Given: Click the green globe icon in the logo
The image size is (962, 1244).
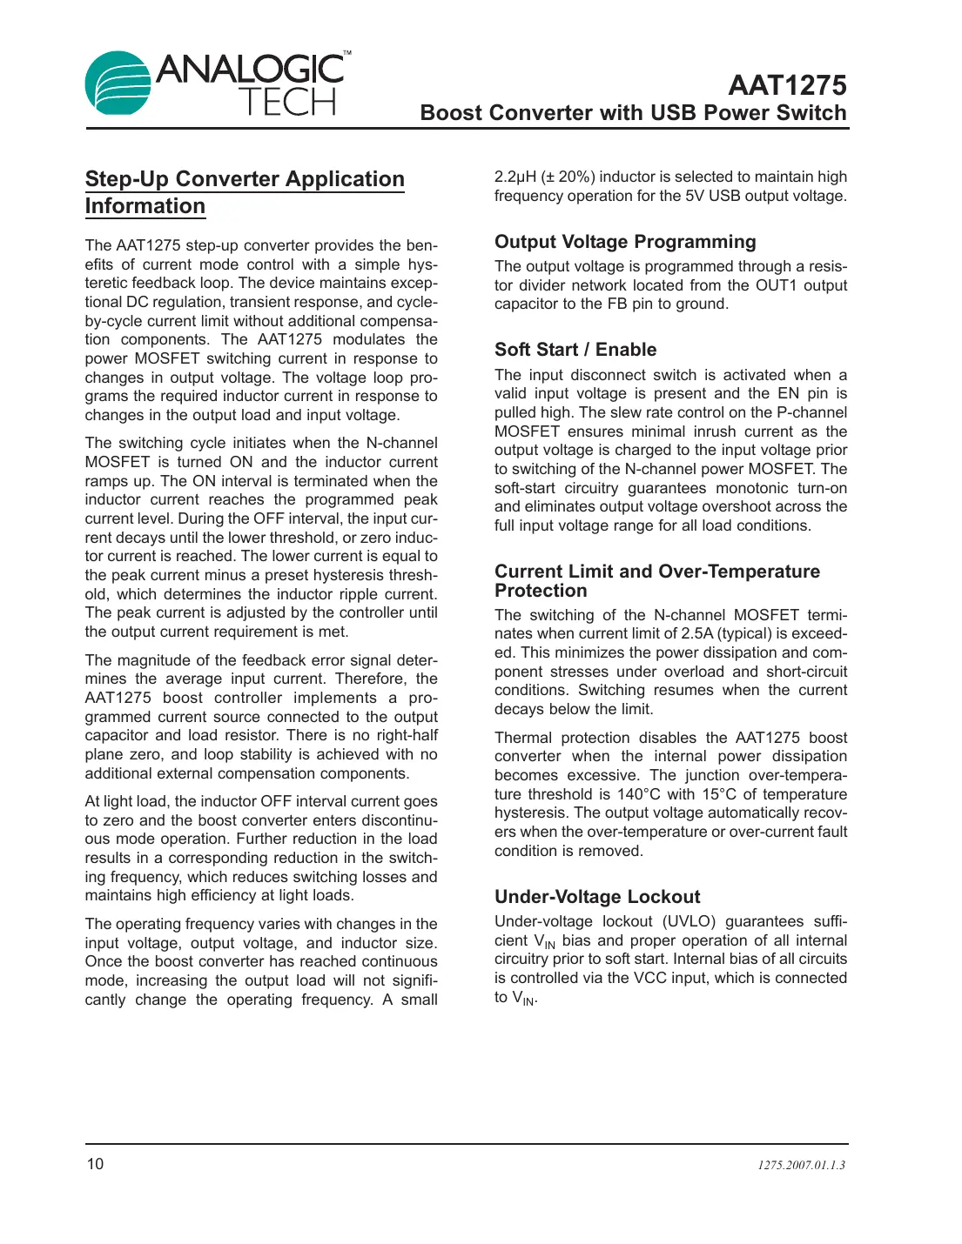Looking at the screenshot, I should (x=118, y=84).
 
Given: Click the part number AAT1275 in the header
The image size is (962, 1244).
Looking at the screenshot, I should (x=787, y=85).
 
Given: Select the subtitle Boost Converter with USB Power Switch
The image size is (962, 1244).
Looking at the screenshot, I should (x=633, y=113).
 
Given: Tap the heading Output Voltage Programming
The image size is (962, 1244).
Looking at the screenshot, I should (x=625, y=242).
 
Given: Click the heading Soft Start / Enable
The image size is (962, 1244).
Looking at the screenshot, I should (x=575, y=350).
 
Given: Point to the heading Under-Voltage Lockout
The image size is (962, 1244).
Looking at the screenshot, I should (x=597, y=897).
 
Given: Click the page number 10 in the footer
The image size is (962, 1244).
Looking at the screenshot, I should (x=95, y=1164).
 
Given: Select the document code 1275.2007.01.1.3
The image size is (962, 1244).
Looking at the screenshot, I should (x=801, y=1165).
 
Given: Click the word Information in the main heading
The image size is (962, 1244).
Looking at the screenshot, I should (x=145, y=206).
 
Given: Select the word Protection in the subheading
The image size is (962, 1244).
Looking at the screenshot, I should (x=541, y=591).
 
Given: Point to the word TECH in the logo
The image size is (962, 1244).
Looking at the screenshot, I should (x=287, y=103).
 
